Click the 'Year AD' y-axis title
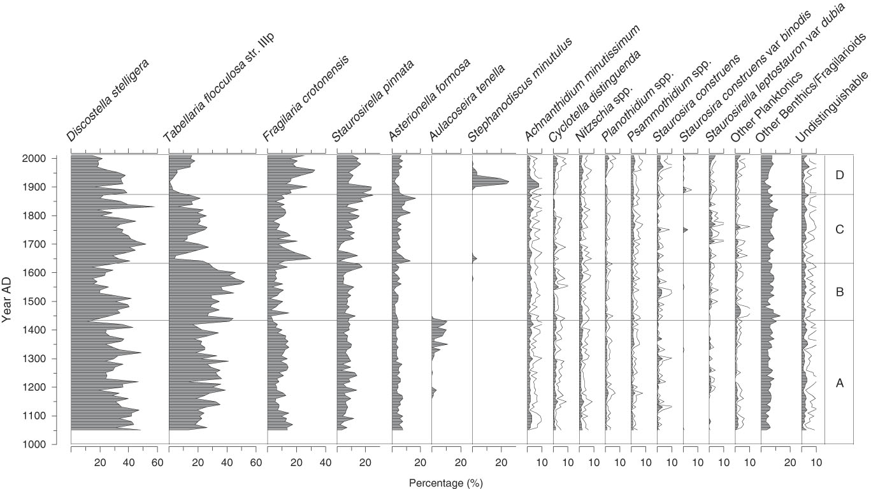[7, 300]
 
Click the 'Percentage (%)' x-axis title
[445, 483]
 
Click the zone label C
[839, 229]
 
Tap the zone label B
[839, 292]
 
